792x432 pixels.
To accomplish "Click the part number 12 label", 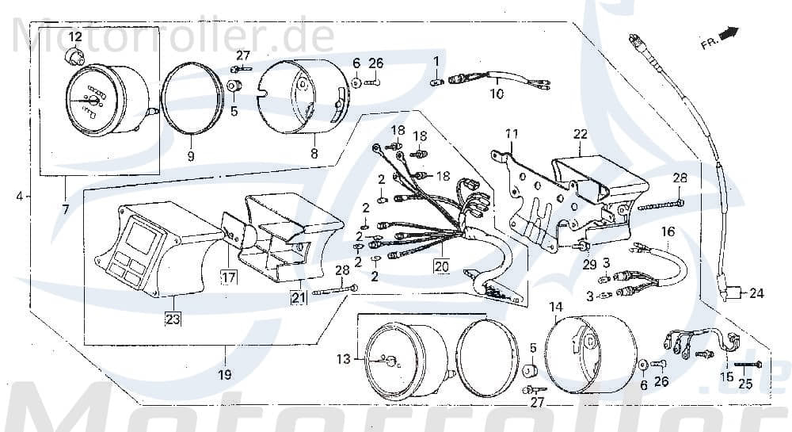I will tap(74, 37).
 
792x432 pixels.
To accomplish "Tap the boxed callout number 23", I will tap(172, 319).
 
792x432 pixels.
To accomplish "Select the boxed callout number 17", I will tap(229, 277).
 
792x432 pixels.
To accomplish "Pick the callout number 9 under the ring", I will tap(191, 156).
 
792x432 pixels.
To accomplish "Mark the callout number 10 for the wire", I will tap(497, 94).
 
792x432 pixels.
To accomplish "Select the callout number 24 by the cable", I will tap(756, 294).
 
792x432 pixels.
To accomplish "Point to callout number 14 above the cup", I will tap(555, 306).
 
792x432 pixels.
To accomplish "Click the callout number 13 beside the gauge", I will tap(342, 359).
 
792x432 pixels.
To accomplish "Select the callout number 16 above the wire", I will tap(668, 231).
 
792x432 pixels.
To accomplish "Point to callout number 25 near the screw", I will tap(745, 384).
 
